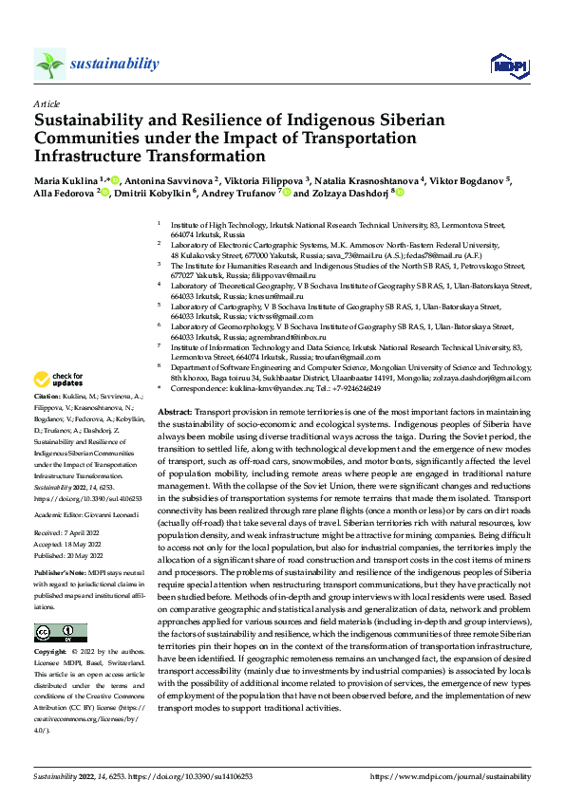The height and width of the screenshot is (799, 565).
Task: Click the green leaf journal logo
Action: point(49,65)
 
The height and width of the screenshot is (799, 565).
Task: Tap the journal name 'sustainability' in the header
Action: point(115,64)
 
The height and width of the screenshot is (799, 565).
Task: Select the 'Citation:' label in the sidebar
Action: point(47,420)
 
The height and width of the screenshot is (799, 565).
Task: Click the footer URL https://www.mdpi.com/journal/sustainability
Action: point(449,776)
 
